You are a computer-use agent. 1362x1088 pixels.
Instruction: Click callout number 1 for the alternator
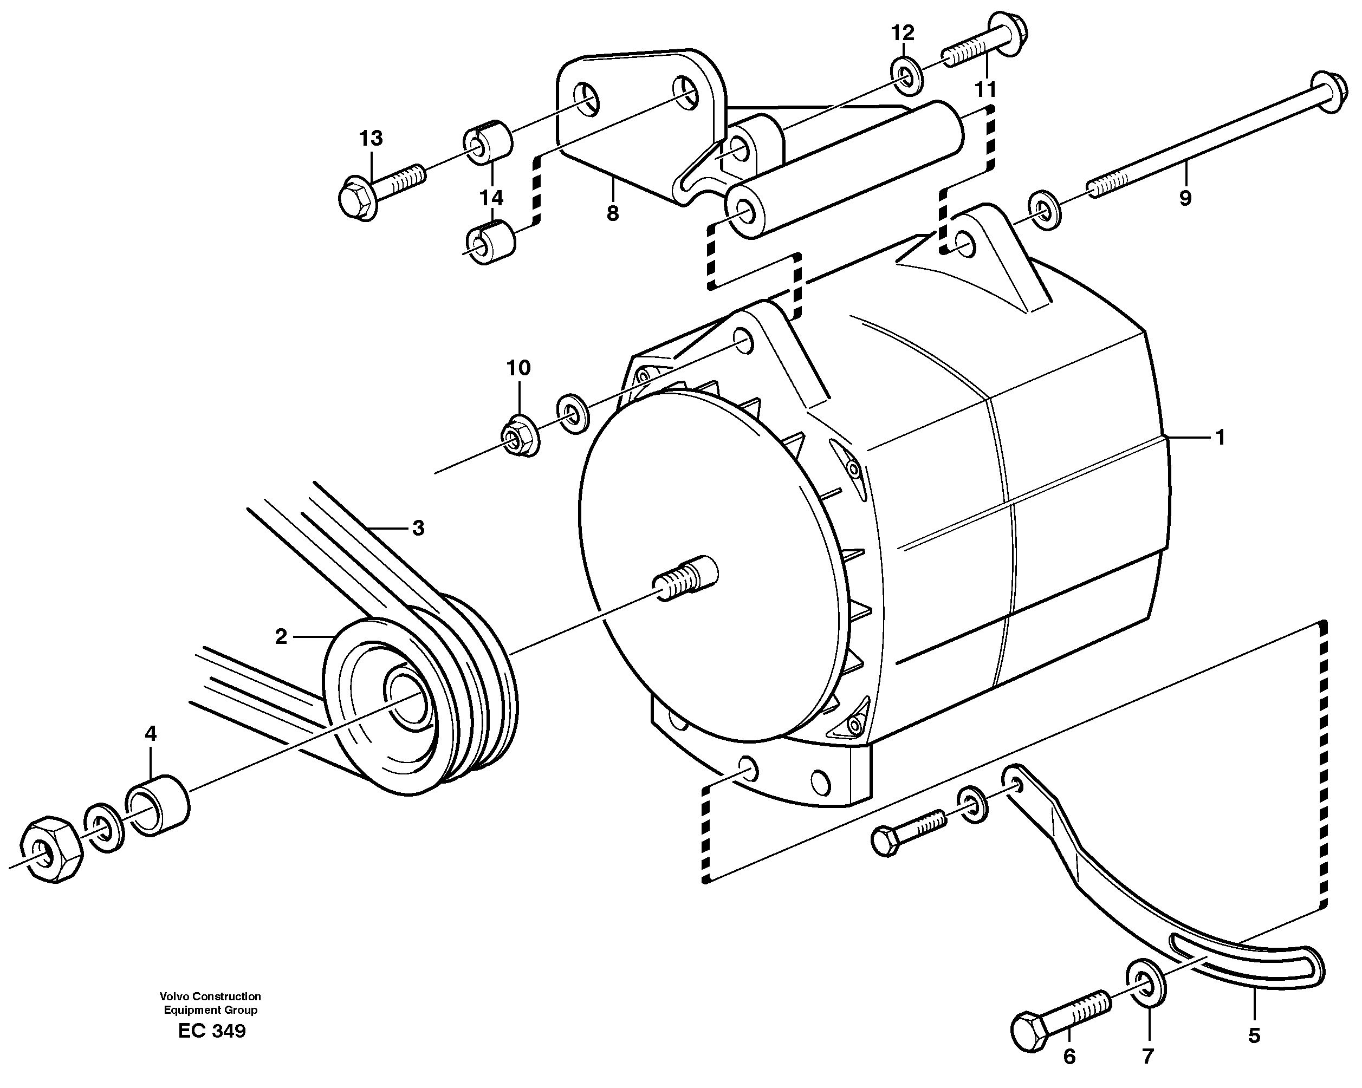1220,437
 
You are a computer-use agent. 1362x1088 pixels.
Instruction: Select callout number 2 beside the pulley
281,636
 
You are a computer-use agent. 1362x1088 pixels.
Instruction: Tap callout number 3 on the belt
418,528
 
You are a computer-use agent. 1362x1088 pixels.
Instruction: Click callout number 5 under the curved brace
1254,1035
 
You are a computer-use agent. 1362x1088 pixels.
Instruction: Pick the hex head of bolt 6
1030,1032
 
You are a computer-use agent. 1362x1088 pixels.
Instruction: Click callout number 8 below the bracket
612,213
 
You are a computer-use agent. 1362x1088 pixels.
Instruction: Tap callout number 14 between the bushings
491,198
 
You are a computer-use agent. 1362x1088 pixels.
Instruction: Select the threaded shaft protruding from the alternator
685,578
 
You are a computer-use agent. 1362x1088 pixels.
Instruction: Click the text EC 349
212,1031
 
